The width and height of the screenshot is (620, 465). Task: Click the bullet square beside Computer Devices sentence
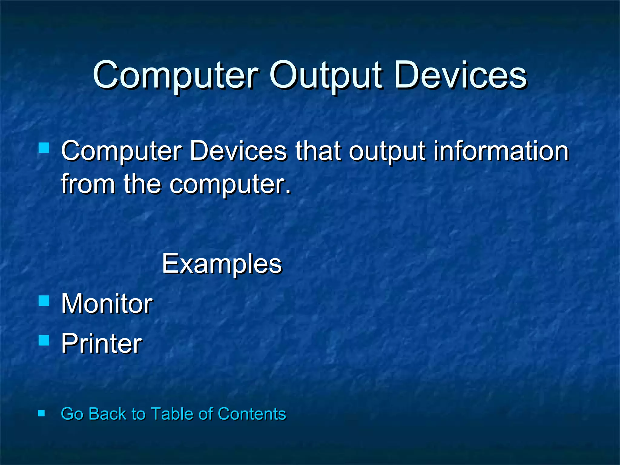tap(44, 148)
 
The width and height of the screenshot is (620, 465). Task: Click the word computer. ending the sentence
tap(230, 184)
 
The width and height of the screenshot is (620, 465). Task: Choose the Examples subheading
tap(222, 264)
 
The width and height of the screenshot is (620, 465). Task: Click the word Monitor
tap(107, 303)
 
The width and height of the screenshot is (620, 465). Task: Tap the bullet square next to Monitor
tap(44, 301)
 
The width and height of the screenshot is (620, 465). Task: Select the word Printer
tap(101, 343)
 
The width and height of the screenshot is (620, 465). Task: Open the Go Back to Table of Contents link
tap(173, 414)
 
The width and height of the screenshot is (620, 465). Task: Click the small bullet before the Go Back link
tap(41, 413)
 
